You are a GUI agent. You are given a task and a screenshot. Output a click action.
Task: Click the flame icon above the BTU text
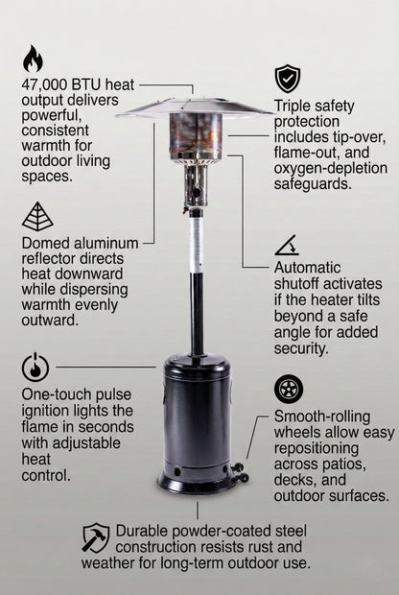click(33, 59)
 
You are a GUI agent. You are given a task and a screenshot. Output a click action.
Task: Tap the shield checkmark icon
click(287, 78)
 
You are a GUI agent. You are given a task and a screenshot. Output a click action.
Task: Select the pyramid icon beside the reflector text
click(37, 217)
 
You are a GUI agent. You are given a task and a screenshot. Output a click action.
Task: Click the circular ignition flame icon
click(35, 367)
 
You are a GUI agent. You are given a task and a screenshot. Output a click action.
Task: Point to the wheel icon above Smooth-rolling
click(288, 389)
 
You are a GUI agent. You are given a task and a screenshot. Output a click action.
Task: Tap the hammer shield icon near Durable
click(96, 536)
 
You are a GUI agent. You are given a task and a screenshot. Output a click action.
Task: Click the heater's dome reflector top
click(195, 105)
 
